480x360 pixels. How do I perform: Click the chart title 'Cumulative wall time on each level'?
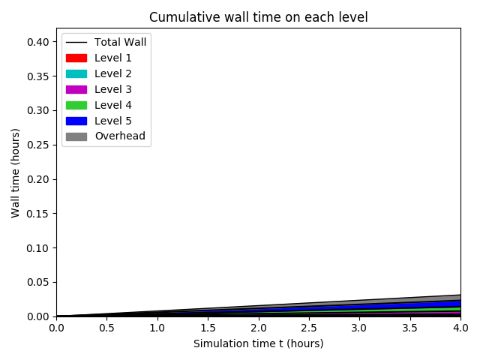pos(258,17)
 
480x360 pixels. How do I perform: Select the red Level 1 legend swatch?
pos(76,58)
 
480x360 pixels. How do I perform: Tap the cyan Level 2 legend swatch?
pos(76,73)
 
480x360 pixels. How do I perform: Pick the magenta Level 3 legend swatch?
pos(76,89)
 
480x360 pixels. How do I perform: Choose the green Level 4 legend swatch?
pos(76,105)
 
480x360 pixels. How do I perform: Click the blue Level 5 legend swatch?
pos(76,121)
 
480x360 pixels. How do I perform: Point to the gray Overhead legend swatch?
pos(76,136)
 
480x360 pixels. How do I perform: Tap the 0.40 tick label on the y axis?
pos(39,42)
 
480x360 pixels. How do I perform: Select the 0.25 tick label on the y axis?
pos(39,145)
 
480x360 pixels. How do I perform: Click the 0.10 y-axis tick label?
pos(39,247)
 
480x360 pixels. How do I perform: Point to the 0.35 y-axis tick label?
pos(39,76)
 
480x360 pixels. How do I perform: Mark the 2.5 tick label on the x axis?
pos(309,328)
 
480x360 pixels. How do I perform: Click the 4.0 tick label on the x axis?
pos(460,328)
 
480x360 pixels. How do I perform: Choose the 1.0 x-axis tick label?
pos(157,328)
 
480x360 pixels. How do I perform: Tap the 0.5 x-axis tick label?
pos(106,328)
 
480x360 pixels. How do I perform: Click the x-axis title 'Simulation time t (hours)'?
pos(258,343)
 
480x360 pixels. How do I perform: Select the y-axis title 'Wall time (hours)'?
pos(16,172)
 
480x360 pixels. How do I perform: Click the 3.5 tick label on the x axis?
pos(410,328)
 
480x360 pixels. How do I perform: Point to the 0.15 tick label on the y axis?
pos(39,214)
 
